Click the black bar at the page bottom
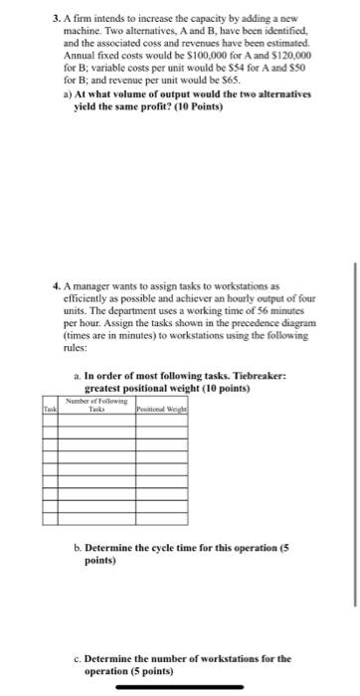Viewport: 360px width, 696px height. coord(180,685)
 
